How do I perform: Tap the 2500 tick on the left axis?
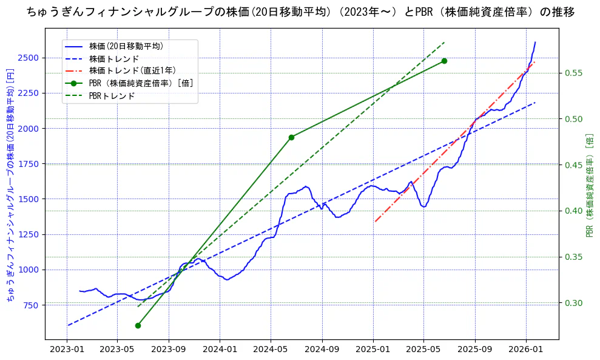(28, 58)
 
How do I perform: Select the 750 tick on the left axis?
(30, 305)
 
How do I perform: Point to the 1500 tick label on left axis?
(28, 199)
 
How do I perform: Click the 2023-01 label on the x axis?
(67, 350)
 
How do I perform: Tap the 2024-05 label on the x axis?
(271, 350)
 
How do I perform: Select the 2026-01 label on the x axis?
(525, 350)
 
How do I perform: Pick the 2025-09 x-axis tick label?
(474, 350)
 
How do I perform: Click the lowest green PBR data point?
(138, 325)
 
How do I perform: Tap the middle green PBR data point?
(291, 137)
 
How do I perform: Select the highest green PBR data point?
(444, 61)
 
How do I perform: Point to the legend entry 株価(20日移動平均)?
(126, 46)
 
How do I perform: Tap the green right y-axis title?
(589, 185)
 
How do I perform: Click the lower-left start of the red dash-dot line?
(376, 222)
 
